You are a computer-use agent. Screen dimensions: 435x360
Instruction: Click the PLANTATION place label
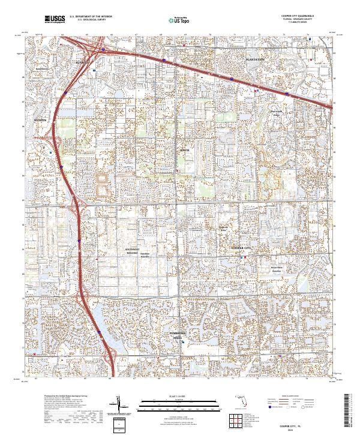coord(255,61)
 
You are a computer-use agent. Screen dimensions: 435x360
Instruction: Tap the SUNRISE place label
coord(81,61)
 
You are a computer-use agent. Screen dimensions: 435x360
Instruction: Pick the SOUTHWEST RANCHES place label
coord(132,251)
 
